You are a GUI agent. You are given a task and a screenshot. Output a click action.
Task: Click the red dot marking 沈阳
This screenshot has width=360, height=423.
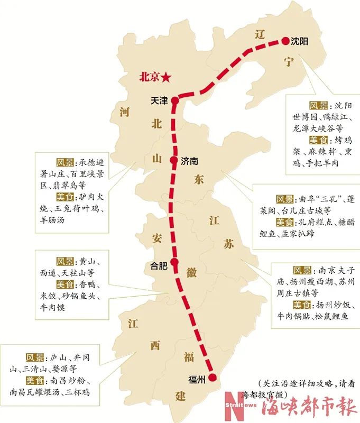coord(285,41)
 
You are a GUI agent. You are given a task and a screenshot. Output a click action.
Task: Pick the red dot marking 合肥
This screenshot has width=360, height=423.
coord(174,262)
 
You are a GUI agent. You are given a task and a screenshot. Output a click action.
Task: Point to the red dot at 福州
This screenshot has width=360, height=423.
coord(213,377)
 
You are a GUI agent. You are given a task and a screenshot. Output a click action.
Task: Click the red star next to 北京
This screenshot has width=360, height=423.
coord(167,77)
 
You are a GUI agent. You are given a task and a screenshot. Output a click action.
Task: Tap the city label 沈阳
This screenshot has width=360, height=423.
coord(300,41)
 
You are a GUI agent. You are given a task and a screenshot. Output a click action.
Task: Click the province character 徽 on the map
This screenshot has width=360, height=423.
coord(191,272)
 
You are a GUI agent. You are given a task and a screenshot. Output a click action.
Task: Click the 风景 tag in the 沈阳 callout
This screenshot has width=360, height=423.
coord(320,105)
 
